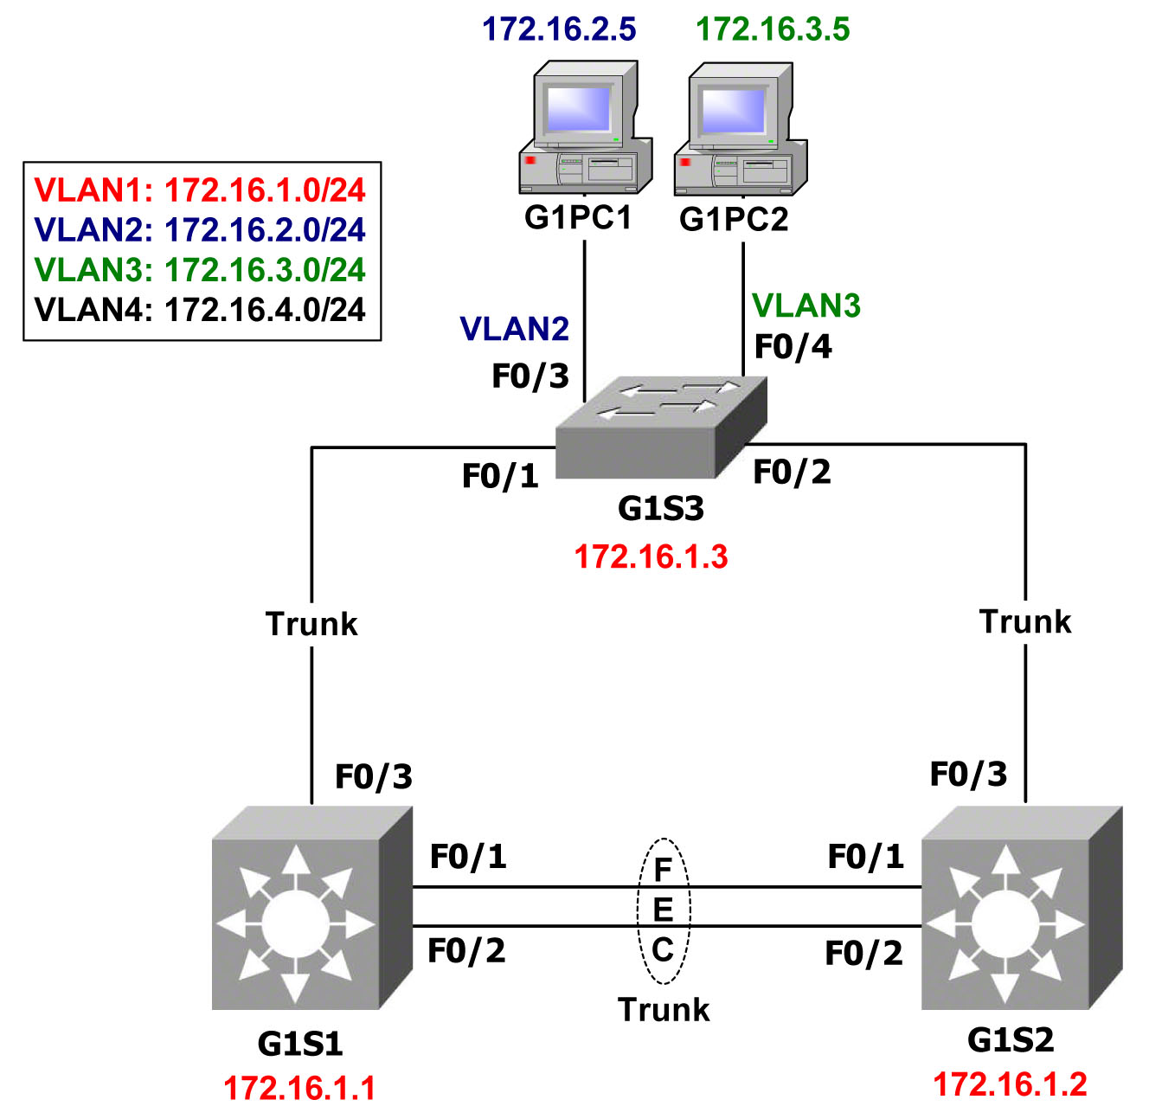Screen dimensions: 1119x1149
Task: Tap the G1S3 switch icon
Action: click(661, 428)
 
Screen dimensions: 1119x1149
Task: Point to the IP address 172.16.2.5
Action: click(559, 29)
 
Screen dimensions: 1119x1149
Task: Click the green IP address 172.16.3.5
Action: click(773, 29)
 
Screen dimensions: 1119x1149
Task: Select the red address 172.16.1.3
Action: click(652, 556)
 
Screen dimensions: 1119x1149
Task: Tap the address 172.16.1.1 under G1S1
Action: click(299, 1088)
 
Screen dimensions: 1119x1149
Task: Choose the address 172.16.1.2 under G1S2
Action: click(1010, 1084)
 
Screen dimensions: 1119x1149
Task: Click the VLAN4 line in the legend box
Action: click(200, 310)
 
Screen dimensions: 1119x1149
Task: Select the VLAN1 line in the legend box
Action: click(200, 190)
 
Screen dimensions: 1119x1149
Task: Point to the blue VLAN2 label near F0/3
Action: click(515, 330)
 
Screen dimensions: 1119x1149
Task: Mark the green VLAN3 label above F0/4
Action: click(806, 305)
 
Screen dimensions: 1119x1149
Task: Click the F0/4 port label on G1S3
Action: click(793, 347)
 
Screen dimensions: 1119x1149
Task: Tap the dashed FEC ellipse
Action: click(664, 910)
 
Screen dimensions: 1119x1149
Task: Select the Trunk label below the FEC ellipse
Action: click(664, 1010)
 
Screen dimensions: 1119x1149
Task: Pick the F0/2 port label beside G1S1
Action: click(466, 951)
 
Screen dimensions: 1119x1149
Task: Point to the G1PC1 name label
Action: click(578, 218)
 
